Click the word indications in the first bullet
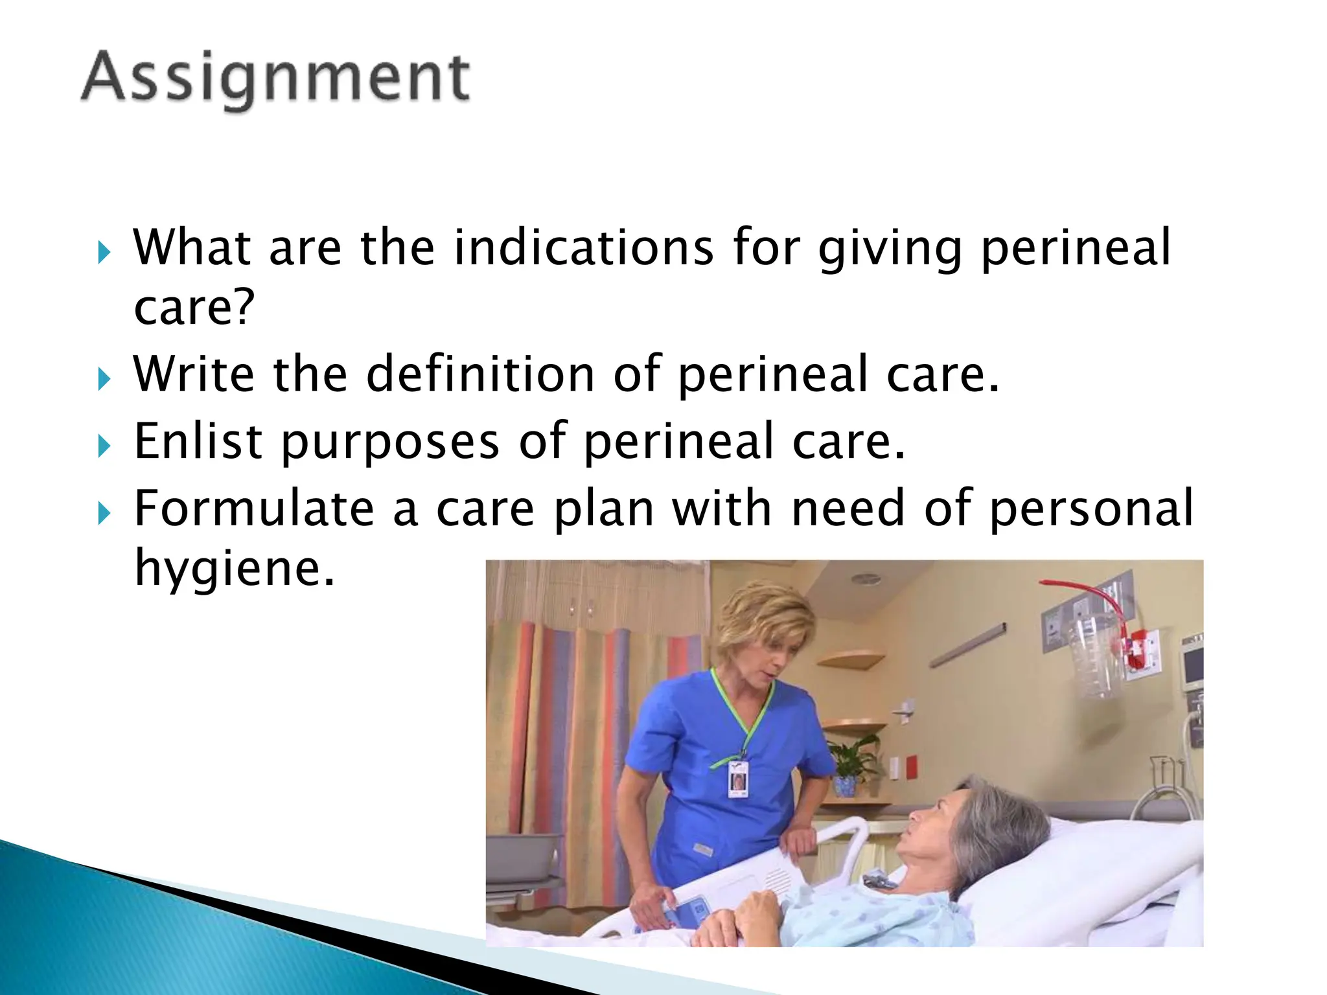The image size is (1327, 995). click(x=583, y=248)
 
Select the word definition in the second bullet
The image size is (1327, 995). click(x=480, y=374)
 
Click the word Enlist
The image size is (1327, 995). click(x=198, y=442)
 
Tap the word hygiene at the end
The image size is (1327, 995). click(x=234, y=568)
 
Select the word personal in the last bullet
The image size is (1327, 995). click(x=1091, y=509)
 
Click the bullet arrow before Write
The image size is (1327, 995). click(x=104, y=379)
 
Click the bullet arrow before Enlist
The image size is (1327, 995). click(x=104, y=446)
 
